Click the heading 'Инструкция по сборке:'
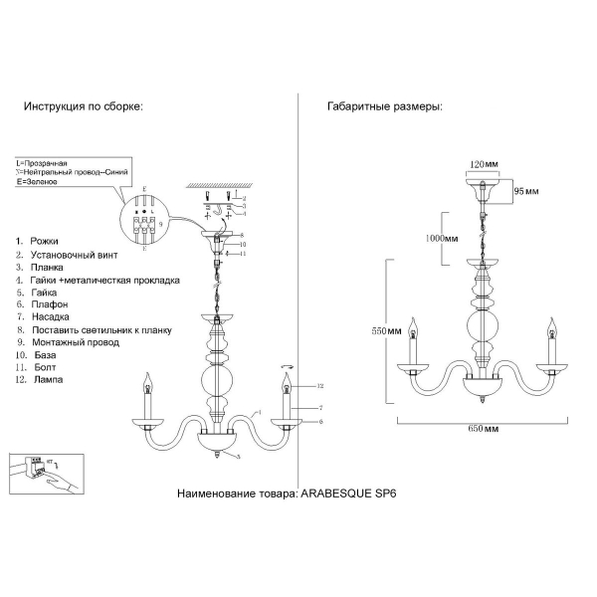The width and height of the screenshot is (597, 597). [x=83, y=105]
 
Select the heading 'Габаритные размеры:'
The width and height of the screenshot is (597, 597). [x=385, y=105]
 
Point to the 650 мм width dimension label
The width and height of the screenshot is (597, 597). [x=483, y=428]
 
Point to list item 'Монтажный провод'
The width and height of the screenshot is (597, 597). [x=75, y=342]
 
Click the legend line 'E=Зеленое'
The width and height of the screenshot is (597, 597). [x=38, y=183]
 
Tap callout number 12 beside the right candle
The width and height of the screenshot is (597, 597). [x=320, y=386]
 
